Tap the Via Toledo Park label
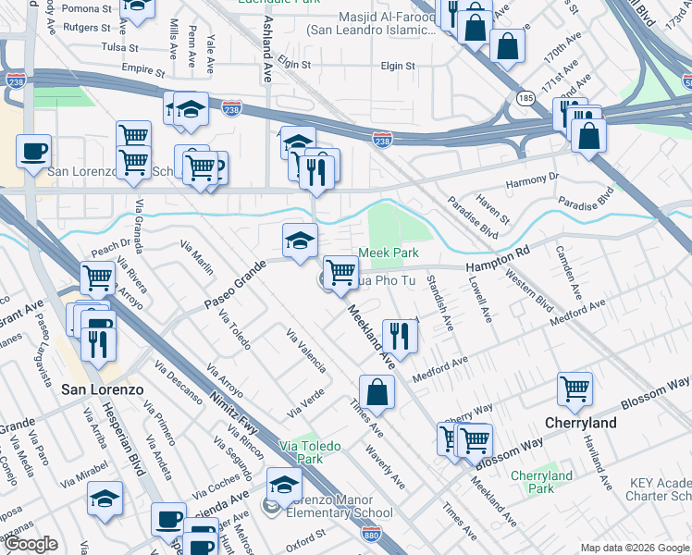pos(309,452)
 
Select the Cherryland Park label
pos(541,482)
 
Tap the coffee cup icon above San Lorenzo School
pos(33,151)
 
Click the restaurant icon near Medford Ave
pos(400,335)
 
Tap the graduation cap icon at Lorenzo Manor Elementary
pos(284,484)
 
